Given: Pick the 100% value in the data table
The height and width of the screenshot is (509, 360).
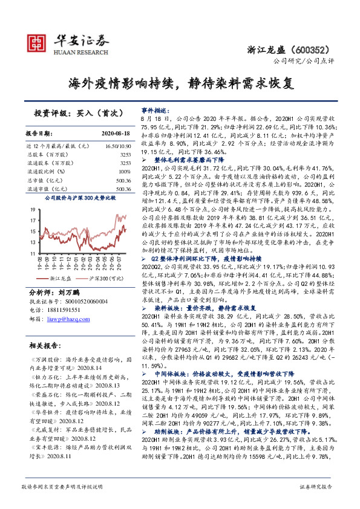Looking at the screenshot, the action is (x=125, y=171).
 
